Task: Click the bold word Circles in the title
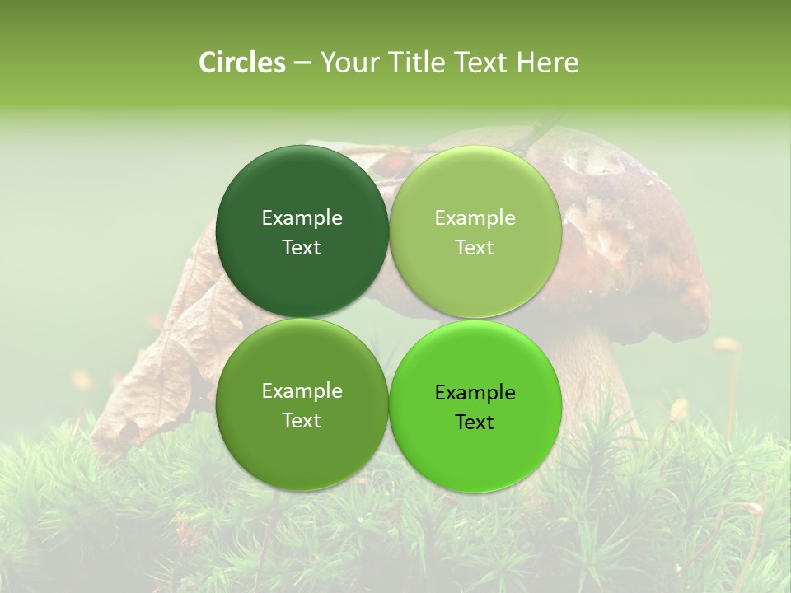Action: point(242,63)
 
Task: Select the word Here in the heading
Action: point(547,63)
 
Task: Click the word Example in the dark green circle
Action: point(302,218)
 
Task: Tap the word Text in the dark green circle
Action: point(302,248)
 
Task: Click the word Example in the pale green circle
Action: point(475,218)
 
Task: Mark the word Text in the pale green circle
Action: point(475,248)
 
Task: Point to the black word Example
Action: point(475,393)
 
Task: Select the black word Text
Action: point(475,423)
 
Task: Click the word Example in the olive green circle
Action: point(302,391)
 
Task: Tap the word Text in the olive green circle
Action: point(302,421)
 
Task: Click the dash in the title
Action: point(302,63)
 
